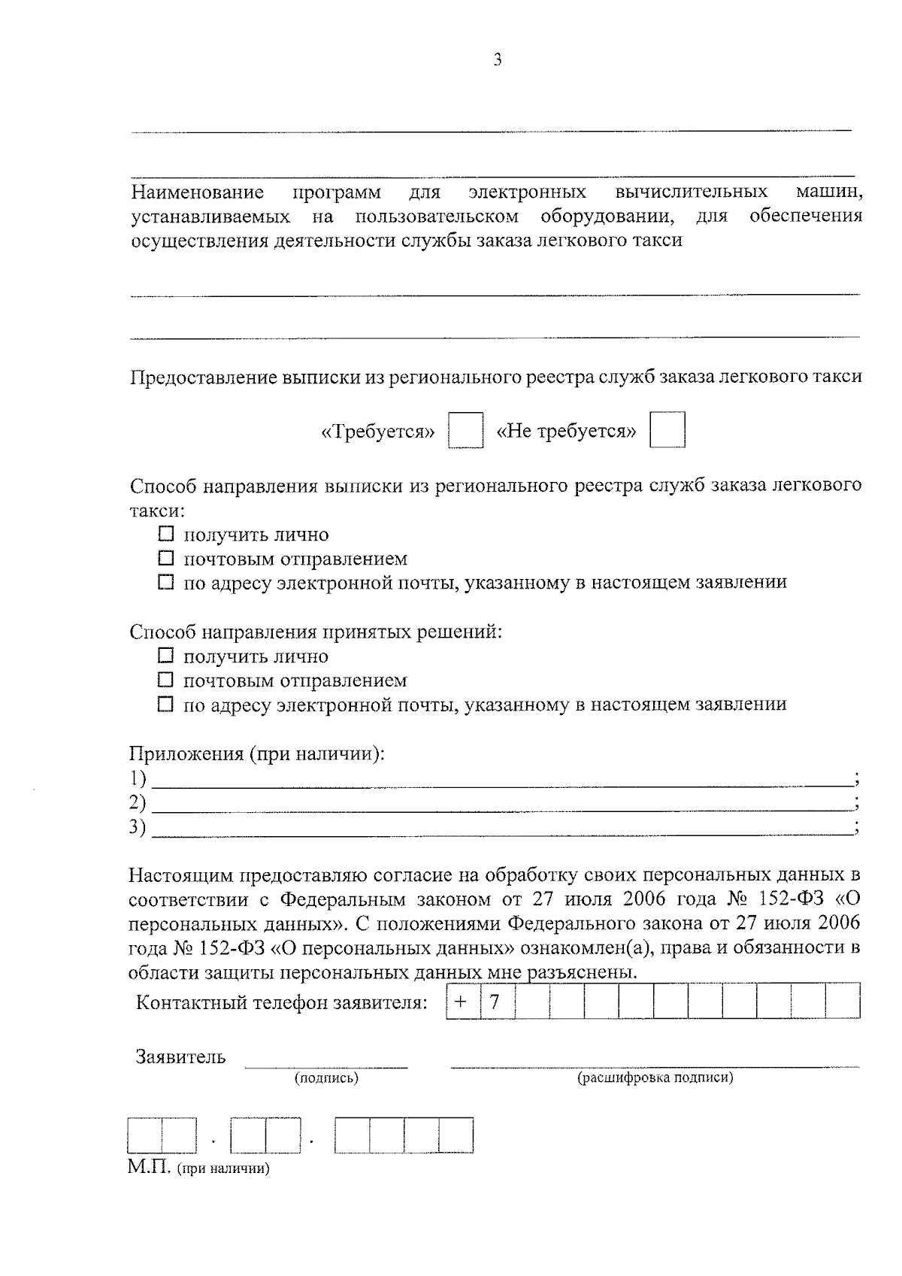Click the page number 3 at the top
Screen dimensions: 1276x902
pyautogui.click(x=496, y=60)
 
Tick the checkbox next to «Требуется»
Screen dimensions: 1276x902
pyautogui.click(x=465, y=430)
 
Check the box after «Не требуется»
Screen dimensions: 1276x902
pyautogui.click(x=667, y=430)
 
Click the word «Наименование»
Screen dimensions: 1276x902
pyautogui.click(x=198, y=192)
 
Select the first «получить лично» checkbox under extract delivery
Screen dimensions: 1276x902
pyautogui.click(x=166, y=535)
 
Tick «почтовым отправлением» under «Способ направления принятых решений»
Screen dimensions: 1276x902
pyautogui.click(x=166, y=680)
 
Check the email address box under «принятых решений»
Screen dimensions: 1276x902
pyautogui.click(x=166, y=705)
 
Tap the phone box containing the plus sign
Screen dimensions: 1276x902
pyautogui.click(x=462, y=1002)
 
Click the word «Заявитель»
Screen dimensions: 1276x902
pyautogui.click(x=180, y=1057)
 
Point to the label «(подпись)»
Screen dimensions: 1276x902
pyautogui.click(x=326, y=1078)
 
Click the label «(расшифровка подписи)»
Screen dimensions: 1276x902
pyautogui.click(x=655, y=1078)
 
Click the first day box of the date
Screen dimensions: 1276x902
pyautogui.click(x=145, y=1135)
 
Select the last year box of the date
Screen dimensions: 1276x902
pyautogui.click(x=456, y=1135)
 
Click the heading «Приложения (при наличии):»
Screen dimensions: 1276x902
pyautogui.click(x=257, y=753)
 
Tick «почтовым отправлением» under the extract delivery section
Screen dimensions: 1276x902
pyautogui.click(x=166, y=559)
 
